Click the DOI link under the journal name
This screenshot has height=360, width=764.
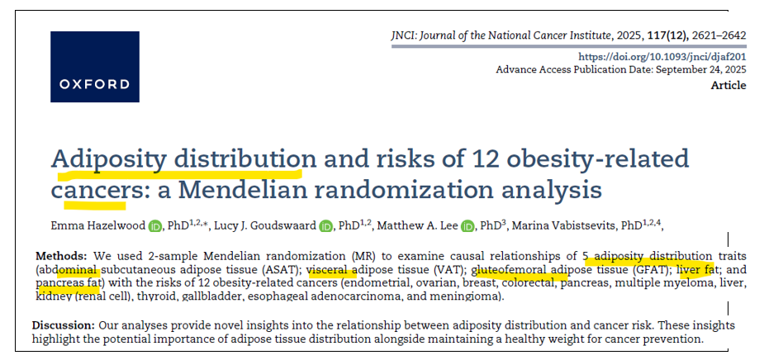pos(662,56)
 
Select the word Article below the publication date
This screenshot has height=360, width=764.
pos(728,85)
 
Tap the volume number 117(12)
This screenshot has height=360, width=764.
pos(649,36)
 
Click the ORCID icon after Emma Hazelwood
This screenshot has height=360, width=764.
pos(155,226)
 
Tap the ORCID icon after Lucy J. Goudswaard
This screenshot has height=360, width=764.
pos(325,226)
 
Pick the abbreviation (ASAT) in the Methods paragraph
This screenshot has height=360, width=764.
pos(280,270)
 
